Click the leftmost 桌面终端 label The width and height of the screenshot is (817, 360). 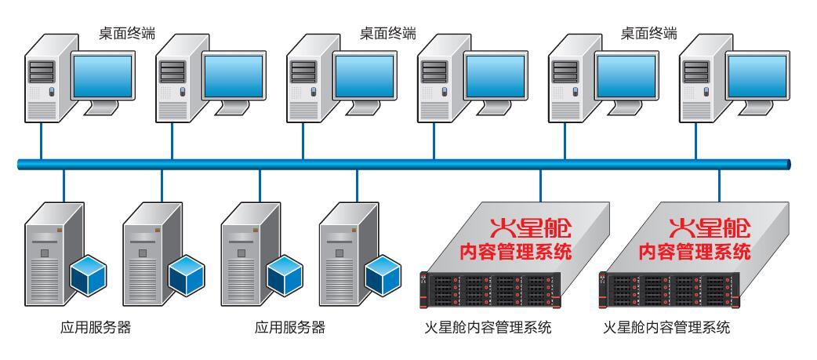click(126, 33)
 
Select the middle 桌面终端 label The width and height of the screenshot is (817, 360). click(387, 33)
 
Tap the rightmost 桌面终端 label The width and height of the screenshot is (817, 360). click(648, 33)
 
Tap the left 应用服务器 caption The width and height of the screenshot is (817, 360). click(96, 327)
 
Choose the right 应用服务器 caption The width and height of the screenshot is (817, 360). click(290, 327)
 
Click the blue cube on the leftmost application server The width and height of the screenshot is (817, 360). click(88, 271)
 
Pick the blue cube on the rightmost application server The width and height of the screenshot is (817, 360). click(382, 271)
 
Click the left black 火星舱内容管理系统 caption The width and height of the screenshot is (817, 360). click(488, 327)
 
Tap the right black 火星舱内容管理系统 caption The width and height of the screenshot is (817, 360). click(667, 327)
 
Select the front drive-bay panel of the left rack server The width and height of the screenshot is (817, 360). click(490, 289)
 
